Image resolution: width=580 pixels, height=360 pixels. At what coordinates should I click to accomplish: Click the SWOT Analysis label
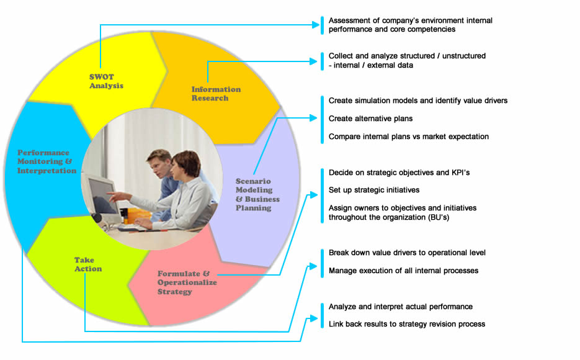tap(106, 81)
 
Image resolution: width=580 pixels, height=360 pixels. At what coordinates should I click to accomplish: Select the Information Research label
tap(216, 94)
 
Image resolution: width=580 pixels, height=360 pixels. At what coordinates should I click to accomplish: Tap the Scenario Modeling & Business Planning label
tap(257, 195)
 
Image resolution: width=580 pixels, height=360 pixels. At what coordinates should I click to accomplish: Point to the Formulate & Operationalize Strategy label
tap(187, 282)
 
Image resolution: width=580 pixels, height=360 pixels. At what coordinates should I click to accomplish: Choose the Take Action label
tap(88, 264)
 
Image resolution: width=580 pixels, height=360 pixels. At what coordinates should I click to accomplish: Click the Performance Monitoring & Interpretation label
tap(47, 161)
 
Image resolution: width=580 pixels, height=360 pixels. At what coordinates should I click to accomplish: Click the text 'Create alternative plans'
tap(370, 119)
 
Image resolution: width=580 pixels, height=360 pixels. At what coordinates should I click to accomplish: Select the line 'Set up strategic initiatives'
tap(374, 190)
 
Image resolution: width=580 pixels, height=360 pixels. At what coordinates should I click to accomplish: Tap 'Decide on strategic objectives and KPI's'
tap(399, 173)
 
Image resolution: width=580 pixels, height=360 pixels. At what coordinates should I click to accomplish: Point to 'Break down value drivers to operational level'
tap(407, 253)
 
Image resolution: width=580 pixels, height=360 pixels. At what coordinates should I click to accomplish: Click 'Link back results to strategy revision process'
tap(407, 324)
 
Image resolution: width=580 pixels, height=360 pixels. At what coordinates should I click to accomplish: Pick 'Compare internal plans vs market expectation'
tap(409, 137)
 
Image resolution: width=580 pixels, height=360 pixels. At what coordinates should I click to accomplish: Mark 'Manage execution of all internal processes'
tap(404, 271)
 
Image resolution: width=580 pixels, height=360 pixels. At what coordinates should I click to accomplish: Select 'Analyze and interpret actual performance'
tap(401, 307)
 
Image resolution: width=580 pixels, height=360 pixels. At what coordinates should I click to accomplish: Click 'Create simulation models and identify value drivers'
tap(418, 101)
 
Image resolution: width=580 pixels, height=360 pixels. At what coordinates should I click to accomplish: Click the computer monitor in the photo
tap(101, 197)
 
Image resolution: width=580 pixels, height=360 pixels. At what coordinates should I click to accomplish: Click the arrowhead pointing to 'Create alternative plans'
tap(313, 118)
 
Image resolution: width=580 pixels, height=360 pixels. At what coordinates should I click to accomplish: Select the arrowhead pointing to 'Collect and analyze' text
tap(313, 61)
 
